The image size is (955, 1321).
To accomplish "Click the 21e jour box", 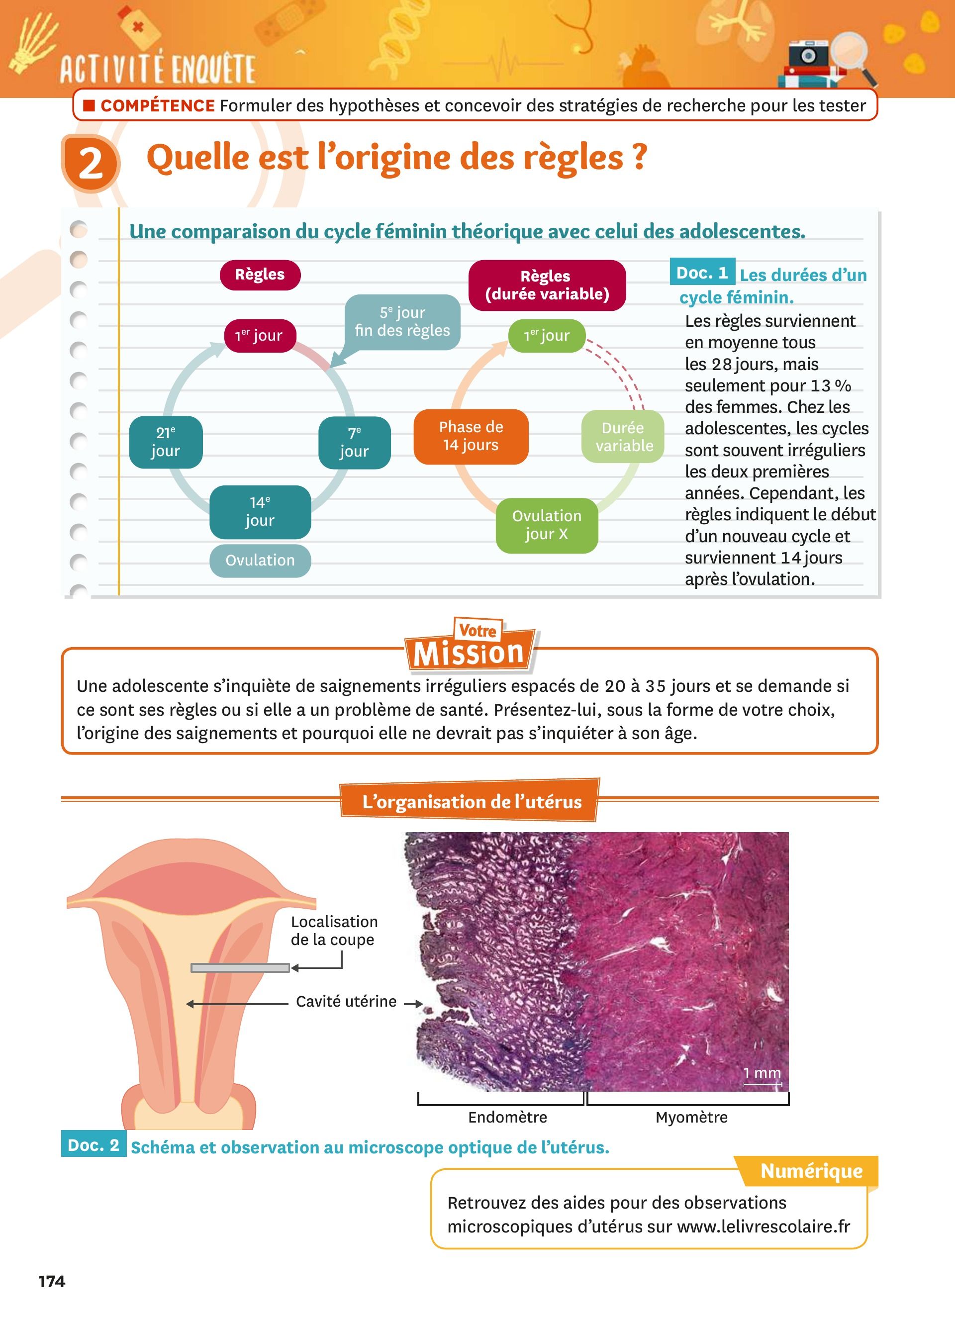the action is coord(166,442).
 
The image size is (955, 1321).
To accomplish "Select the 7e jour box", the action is coord(355,443).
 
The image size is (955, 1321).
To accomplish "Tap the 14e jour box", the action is coord(260,512).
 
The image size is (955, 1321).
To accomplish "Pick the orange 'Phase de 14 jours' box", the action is coord(471,437).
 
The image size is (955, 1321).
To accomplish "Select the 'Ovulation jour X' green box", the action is coord(547,525).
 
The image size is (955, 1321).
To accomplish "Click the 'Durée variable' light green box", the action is coord(623,437).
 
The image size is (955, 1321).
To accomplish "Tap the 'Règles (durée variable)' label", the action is coord(547,285).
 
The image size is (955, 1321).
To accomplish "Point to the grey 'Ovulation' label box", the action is coord(260,561).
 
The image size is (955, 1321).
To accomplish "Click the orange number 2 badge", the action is coord(91,163).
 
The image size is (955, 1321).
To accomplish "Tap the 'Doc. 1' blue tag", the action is coord(702,272).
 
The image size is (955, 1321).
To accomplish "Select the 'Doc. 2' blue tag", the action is coord(94,1144).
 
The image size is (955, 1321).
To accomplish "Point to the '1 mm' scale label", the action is coord(762,1073).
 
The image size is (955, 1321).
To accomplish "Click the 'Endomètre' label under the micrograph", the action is coord(508,1117).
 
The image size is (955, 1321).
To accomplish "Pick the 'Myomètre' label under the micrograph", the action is coord(692,1117).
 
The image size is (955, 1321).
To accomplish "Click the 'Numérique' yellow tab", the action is coord(811,1171).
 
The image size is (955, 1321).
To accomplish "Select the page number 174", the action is coord(52,1281).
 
